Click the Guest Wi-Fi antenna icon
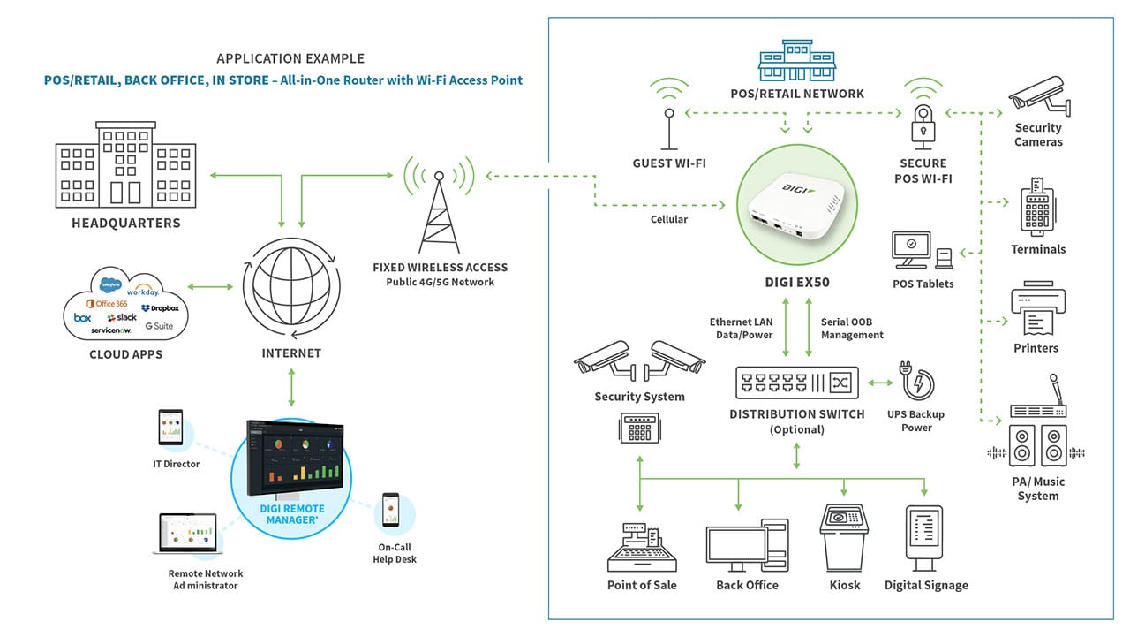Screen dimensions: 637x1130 pos(669,124)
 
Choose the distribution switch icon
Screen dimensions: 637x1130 pos(796,383)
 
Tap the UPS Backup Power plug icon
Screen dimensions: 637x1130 pos(916,382)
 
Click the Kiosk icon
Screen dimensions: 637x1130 pos(845,538)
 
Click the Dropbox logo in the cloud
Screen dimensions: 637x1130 pos(160,307)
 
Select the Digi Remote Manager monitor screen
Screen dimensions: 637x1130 pos(291,459)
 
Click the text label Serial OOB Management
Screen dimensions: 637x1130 pos(852,329)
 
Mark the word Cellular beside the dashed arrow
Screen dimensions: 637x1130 pos(668,219)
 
